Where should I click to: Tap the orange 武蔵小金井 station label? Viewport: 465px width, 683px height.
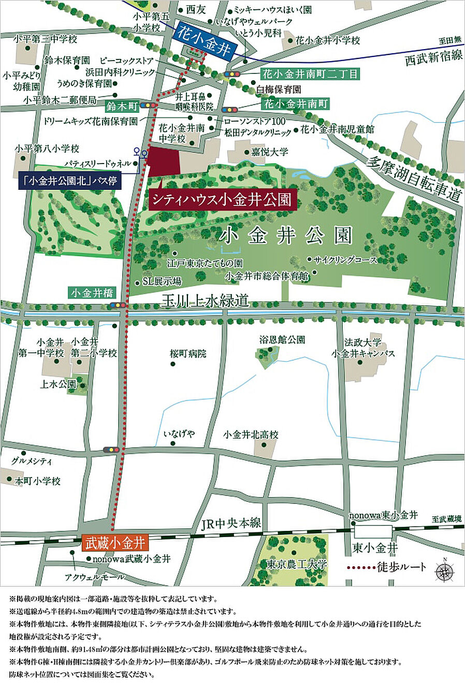click(x=115, y=543)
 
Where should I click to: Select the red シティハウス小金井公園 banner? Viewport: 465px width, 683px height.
click(x=223, y=199)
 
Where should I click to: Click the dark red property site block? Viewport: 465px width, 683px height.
click(x=164, y=162)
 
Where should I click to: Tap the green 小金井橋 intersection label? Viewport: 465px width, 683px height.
click(x=92, y=293)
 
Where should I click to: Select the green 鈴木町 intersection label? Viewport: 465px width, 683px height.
click(x=122, y=106)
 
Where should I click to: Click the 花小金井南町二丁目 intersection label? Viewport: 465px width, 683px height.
click(x=310, y=74)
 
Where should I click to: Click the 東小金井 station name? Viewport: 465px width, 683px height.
click(x=375, y=547)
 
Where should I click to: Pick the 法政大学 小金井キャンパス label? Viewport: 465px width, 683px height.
click(x=363, y=348)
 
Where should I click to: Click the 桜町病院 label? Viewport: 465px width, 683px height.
click(x=188, y=354)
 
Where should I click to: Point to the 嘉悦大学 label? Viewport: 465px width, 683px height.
click(x=269, y=152)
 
